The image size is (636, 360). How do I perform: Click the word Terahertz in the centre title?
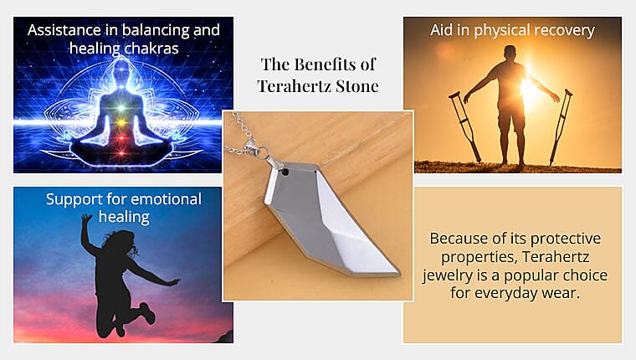pyautogui.click(x=290, y=85)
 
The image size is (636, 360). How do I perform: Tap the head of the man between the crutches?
pyautogui.click(x=510, y=54)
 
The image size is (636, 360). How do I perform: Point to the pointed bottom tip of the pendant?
pyautogui.click(x=393, y=273)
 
